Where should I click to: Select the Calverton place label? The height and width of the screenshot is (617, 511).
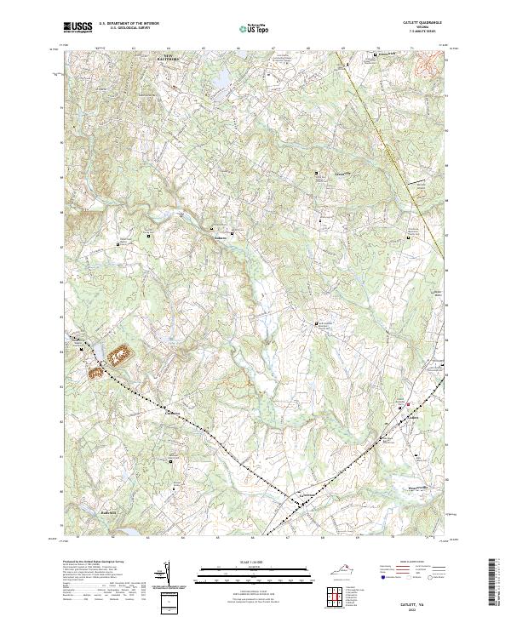(303, 496)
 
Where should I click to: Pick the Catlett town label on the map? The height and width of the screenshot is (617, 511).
(414, 417)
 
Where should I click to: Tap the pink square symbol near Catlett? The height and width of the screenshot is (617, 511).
(408, 404)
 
